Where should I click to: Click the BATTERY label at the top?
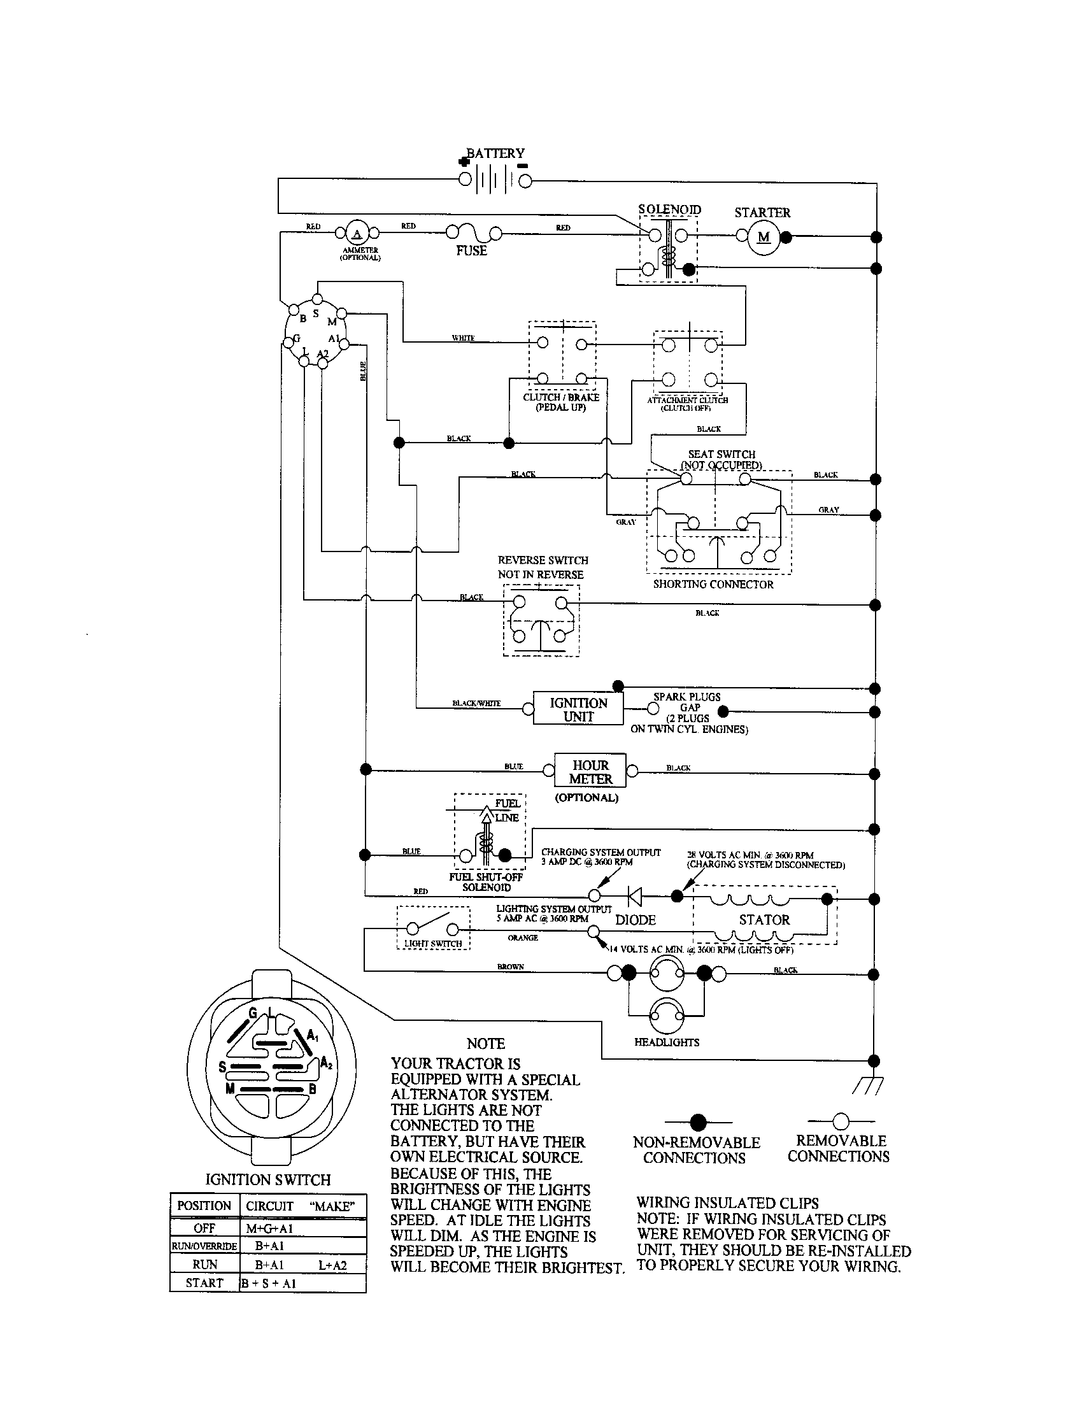tap(495, 153)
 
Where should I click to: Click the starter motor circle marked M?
tap(763, 238)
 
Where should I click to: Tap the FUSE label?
tap(471, 251)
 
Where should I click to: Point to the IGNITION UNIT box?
tap(578, 709)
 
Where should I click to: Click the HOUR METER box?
tap(590, 772)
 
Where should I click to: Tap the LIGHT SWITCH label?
tap(433, 944)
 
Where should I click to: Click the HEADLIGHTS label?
tap(666, 1042)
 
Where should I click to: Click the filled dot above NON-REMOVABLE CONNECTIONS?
tap(698, 1122)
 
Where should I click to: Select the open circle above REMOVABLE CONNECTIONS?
tap(840, 1121)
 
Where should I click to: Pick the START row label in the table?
tap(204, 1283)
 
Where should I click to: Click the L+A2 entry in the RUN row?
tap(332, 1265)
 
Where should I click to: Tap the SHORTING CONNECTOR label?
tap(713, 585)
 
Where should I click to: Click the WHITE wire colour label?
tap(463, 338)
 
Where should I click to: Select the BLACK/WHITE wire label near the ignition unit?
tap(476, 703)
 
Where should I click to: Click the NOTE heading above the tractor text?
tap(485, 1044)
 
